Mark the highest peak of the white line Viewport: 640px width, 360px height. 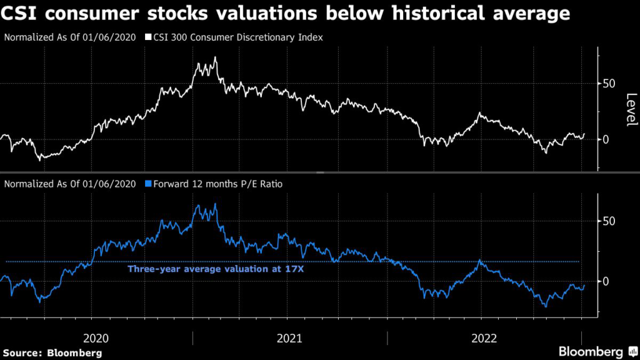pos(215,57)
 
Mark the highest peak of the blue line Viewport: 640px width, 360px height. pos(216,204)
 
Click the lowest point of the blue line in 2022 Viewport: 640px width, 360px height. pos(546,306)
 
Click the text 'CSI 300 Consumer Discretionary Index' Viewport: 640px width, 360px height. pos(234,37)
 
